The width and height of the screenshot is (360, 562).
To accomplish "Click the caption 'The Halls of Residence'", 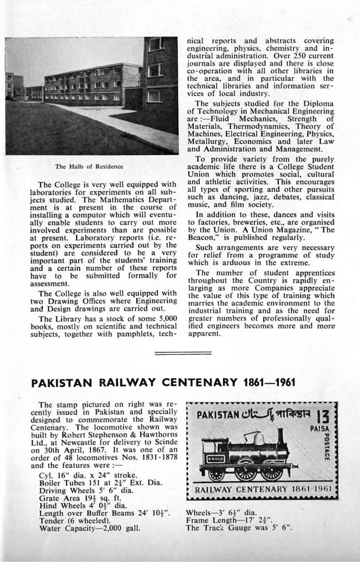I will pyautogui.click(x=89, y=167).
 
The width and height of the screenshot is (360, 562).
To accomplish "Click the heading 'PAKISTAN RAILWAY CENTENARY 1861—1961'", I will pyautogui.click(x=163, y=383).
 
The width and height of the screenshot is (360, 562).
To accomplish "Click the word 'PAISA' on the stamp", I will pyautogui.click(x=320, y=429).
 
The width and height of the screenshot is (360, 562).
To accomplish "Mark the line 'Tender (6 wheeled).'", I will pyautogui.click(x=73, y=520).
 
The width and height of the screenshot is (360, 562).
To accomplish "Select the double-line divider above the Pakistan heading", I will pyautogui.click(x=174, y=353).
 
